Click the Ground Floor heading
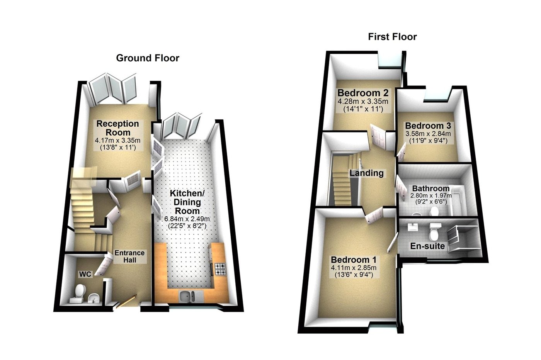pos(148,58)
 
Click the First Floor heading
pos(392,37)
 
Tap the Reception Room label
pos(117,128)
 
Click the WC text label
pos(85,274)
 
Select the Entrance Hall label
pos(130,256)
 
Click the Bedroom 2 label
pos(363,93)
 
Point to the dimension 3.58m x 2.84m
pos(428,134)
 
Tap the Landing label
pos(366,173)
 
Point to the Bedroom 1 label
pos(354,260)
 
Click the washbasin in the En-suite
pos(413,227)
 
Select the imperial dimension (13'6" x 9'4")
pos(354,275)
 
